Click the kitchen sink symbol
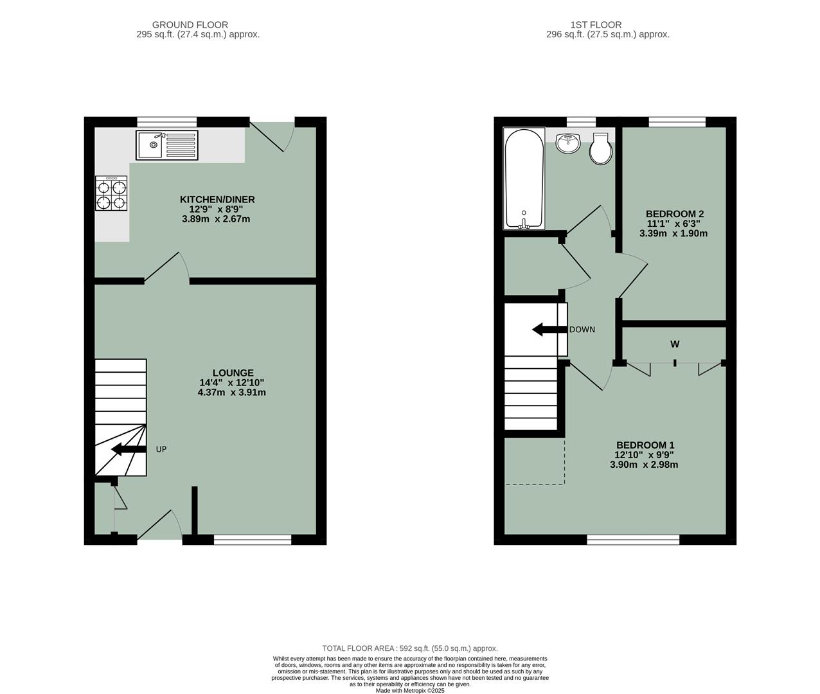(167, 145)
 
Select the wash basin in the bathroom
(568, 143)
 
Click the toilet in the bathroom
(600, 149)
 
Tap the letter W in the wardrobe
(675, 344)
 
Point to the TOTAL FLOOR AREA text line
(409, 648)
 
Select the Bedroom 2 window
(677, 121)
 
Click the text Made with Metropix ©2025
(409, 691)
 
